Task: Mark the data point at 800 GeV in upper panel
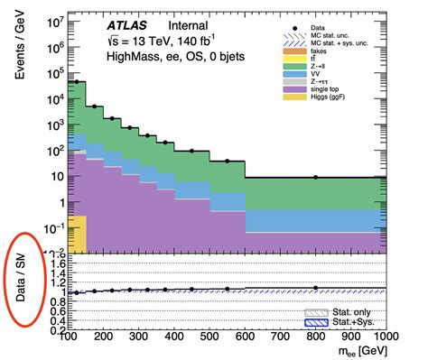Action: coord(316,177)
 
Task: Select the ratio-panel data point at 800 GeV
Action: coord(316,288)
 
